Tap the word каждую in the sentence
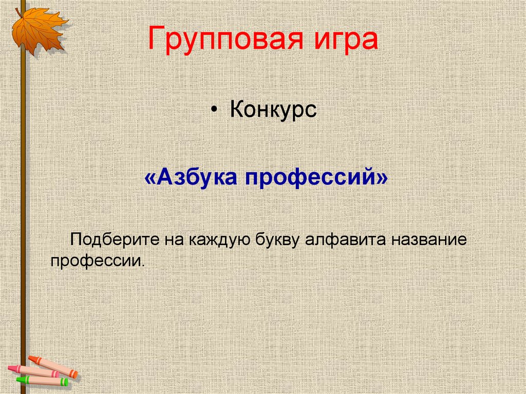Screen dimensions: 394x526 pyautogui.click(x=218, y=240)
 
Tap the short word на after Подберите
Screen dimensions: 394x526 pyautogui.click(x=174, y=240)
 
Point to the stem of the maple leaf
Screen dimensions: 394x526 pyautogui.click(x=18, y=13)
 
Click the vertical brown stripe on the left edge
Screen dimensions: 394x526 pyautogui.click(x=23, y=205)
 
